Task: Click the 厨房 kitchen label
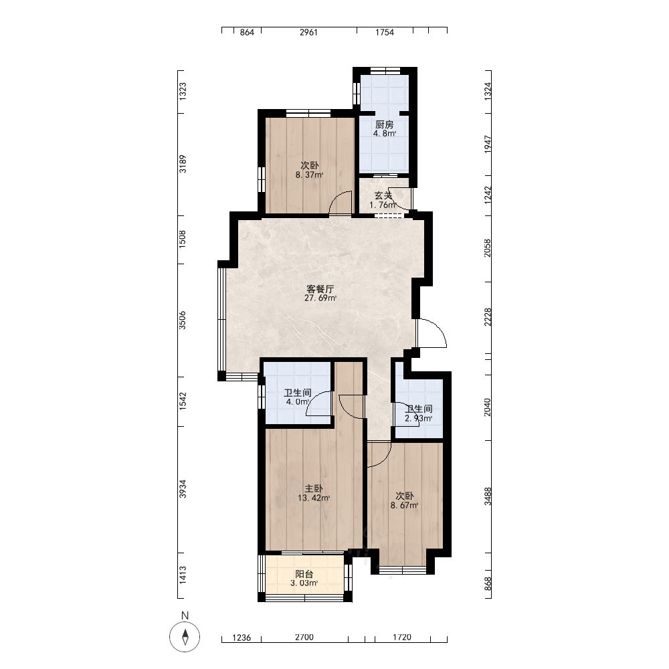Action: (x=385, y=124)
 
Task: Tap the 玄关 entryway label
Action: (x=383, y=195)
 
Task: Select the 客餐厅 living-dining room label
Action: (x=320, y=289)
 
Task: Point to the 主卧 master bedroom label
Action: (x=314, y=488)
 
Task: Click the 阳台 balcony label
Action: (x=304, y=574)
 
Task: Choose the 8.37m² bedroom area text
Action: (x=309, y=175)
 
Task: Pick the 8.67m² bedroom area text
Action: (x=405, y=506)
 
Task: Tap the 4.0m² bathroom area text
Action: (x=298, y=402)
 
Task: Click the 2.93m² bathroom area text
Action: (x=419, y=419)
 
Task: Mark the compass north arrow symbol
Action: (x=185, y=637)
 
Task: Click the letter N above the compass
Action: (x=185, y=615)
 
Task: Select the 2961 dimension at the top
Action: (x=308, y=32)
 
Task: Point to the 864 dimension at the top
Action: (x=247, y=32)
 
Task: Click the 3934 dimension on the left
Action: (x=183, y=489)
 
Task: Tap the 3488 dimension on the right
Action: (x=488, y=496)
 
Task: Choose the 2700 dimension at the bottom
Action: (x=304, y=638)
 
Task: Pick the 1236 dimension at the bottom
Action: (x=242, y=638)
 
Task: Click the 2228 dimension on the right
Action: (x=488, y=317)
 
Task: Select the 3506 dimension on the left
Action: (x=183, y=320)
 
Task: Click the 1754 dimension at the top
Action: (x=385, y=32)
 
